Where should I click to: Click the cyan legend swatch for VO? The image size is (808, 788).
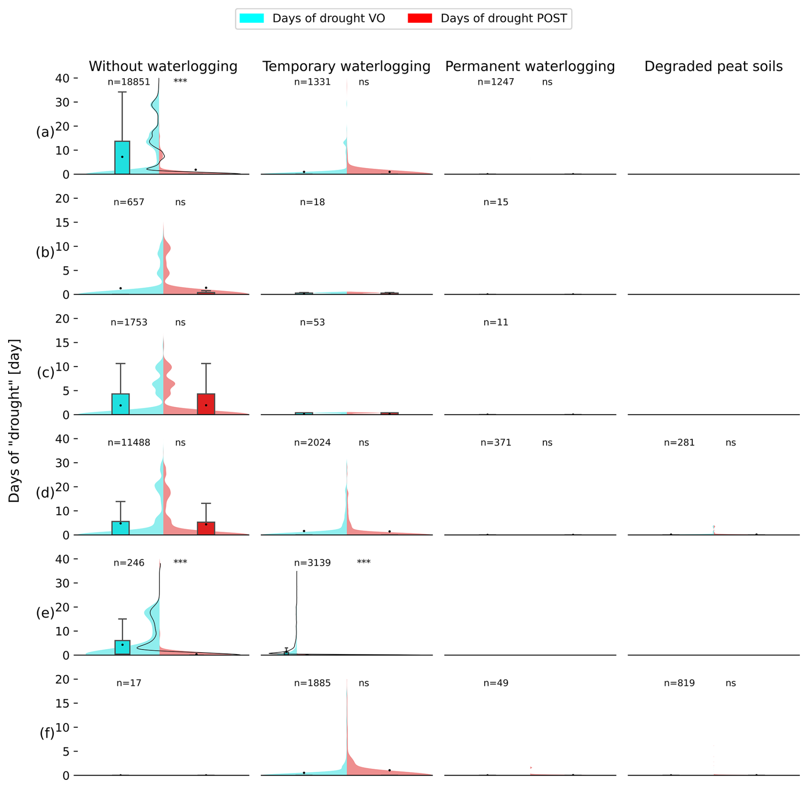pyautogui.click(x=252, y=18)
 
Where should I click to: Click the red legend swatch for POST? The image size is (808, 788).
pyautogui.click(x=420, y=18)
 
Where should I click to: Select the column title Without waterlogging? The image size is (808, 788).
pyautogui.click(x=163, y=66)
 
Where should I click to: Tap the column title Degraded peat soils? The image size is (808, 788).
pyautogui.click(x=713, y=66)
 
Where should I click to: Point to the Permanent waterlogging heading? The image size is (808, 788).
pyautogui.click(x=530, y=66)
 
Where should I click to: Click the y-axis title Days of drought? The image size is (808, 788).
pyautogui.click(x=15, y=420)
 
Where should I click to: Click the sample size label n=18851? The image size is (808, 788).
pyautogui.click(x=129, y=82)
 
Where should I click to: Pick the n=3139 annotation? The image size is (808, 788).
pyautogui.click(x=312, y=563)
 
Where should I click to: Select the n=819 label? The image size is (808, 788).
pyautogui.click(x=679, y=683)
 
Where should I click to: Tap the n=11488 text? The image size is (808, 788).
pyautogui.click(x=129, y=443)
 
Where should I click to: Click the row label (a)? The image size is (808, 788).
pyautogui.click(x=45, y=132)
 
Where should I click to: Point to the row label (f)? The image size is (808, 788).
pyautogui.click(x=47, y=733)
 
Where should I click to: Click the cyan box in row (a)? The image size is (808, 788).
pyautogui.click(x=122, y=157)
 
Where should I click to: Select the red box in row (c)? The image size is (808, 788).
pyautogui.click(x=206, y=404)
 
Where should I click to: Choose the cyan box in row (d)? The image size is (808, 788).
pyautogui.click(x=120, y=528)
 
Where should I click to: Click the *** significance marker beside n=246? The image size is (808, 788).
pyautogui.click(x=180, y=562)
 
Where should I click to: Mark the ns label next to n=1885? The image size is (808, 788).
pyautogui.click(x=363, y=683)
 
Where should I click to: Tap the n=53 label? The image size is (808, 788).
pyautogui.click(x=312, y=322)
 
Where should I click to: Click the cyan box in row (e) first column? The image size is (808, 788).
pyautogui.click(x=123, y=647)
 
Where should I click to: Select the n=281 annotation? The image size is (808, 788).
pyautogui.click(x=679, y=443)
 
